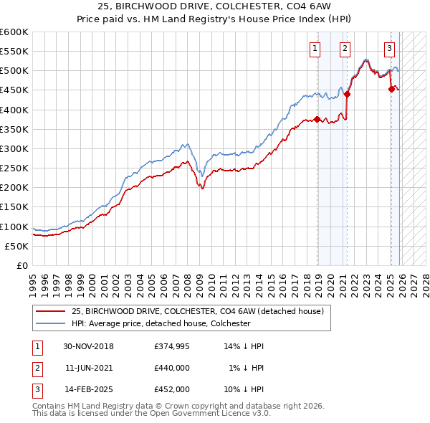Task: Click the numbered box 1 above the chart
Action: [315, 49]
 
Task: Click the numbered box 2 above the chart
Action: [345, 49]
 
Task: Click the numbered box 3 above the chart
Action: [389, 49]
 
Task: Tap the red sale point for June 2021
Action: [347, 93]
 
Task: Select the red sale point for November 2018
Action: [317, 119]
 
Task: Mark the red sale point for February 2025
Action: [391, 89]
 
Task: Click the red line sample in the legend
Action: [50, 311]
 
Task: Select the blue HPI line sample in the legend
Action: [50, 323]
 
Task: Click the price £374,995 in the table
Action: [172, 346]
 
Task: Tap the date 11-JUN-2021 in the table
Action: [89, 368]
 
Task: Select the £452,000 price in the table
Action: [172, 389]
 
